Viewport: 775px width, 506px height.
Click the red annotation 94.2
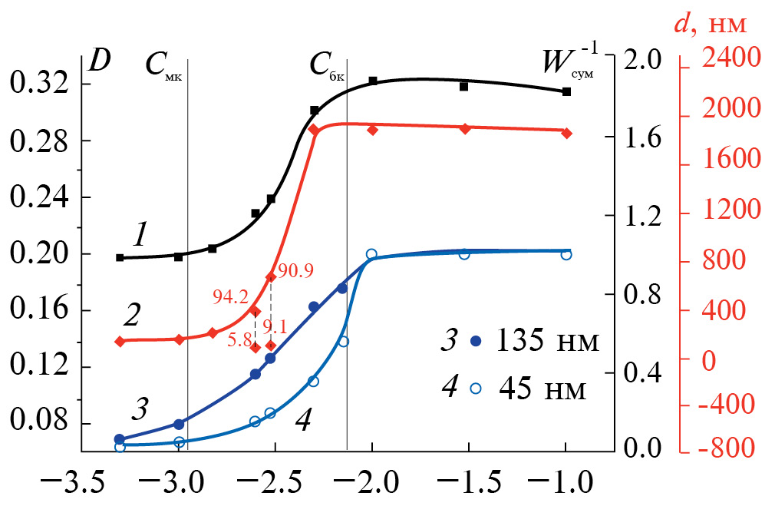(231, 296)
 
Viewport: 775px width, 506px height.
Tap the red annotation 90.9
(297, 271)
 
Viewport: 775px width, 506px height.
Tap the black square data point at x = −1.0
(567, 91)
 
